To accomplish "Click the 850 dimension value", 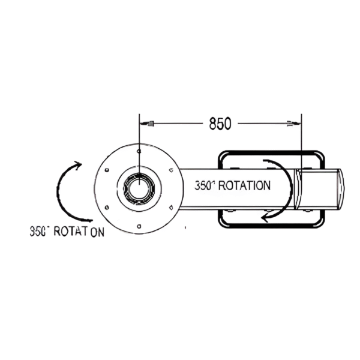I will coord(220,124).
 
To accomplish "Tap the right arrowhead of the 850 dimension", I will coord(292,124).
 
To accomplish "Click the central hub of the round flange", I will coord(139,187).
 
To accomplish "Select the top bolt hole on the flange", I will coord(139,151).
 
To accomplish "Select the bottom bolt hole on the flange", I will coord(139,226).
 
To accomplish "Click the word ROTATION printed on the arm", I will coord(244,186).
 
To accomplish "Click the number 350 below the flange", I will coord(40,231).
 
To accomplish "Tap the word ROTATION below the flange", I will coord(80,232).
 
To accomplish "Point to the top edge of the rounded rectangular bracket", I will coord(271,152).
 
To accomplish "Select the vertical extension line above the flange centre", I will coord(139,135).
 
